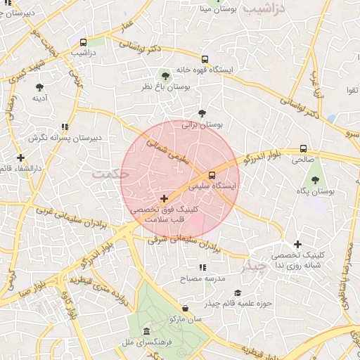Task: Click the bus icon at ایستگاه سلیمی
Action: pyautogui.click(x=212, y=174)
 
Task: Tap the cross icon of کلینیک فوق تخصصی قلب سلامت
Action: pyautogui.click(x=164, y=199)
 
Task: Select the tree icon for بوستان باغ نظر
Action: pyautogui.click(x=165, y=75)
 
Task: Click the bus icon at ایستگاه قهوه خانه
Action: pyautogui.click(x=205, y=59)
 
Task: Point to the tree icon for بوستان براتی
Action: pyautogui.click(x=202, y=112)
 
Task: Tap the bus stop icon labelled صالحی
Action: pyautogui.click(x=303, y=148)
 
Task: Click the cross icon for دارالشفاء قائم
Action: pyautogui.click(x=21, y=157)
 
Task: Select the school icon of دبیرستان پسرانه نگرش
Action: pyautogui.click(x=65, y=127)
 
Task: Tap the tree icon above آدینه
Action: pyautogui.click(x=40, y=87)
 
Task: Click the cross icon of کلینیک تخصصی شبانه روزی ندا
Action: pyautogui.click(x=297, y=243)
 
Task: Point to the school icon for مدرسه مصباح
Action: pyautogui.click(x=202, y=267)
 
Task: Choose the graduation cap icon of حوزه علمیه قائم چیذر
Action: pyautogui.click(x=238, y=292)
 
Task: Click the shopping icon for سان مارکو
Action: pyautogui.click(x=184, y=308)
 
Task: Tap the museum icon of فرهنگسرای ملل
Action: pyautogui.click(x=146, y=331)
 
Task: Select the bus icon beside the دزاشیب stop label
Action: pyautogui.click(x=84, y=42)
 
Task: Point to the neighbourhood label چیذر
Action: pyautogui.click(x=253, y=266)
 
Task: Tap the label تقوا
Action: pyautogui.click(x=352, y=91)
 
